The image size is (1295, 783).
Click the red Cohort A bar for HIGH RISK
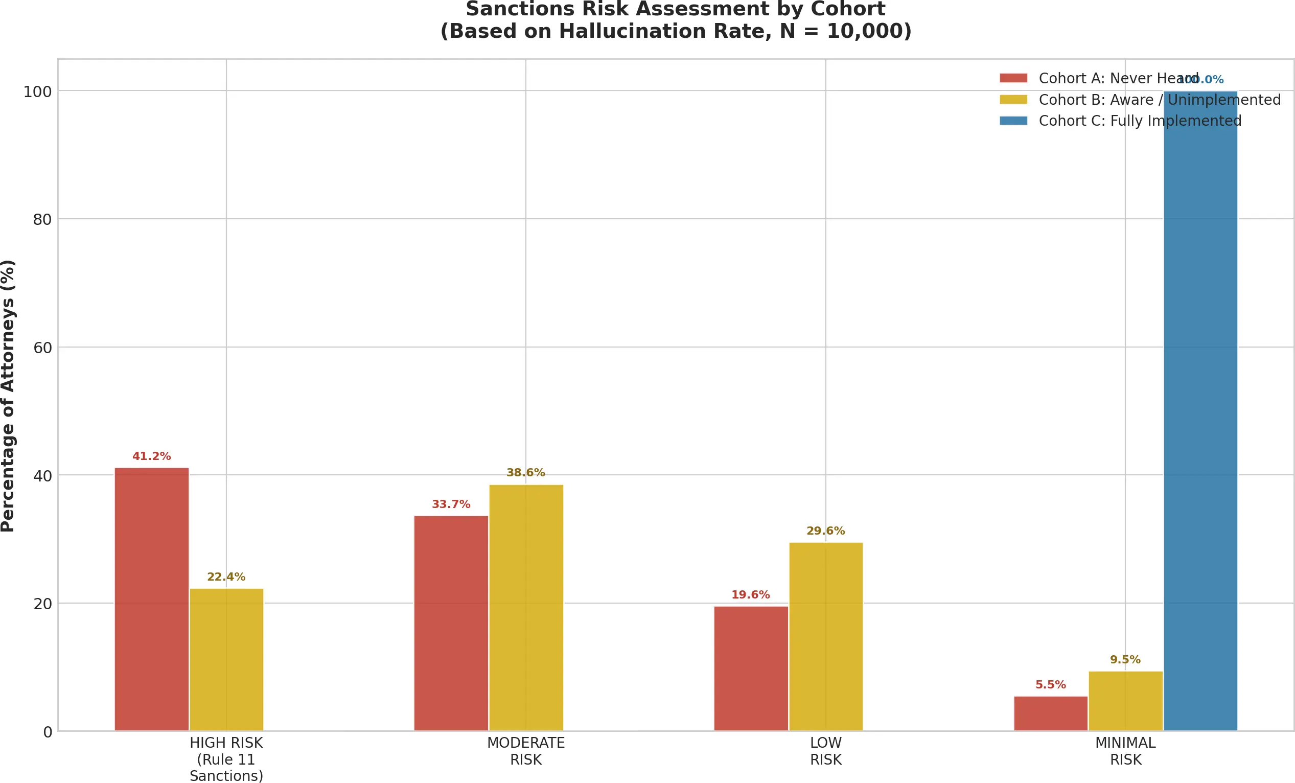(x=151, y=599)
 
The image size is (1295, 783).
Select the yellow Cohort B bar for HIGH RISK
(x=226, y=659)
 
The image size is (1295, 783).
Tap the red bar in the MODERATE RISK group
(x=451, y=623)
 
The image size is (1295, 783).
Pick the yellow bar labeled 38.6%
(x=526, y=608)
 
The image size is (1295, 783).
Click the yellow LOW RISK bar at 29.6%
(x=826, y=636)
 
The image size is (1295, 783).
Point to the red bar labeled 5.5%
(x=1051, y=713)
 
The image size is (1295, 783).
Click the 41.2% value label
(x=151, y=456)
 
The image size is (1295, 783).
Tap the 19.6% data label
(x=751, y=594)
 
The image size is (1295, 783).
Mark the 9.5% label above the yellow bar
(x=1125, y=659)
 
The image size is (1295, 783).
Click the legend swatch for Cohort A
(x=1013, y=78)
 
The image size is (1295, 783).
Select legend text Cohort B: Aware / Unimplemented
(x=1160, y=100)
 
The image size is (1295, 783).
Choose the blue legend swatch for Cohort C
(x=1013, y=121)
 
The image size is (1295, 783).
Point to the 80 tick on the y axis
(x=42, y=220)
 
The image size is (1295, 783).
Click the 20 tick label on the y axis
(x=42, y=604)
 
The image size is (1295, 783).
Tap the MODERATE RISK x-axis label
(x=525, y=751)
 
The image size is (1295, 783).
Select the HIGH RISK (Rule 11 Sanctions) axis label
(x=226, y=759)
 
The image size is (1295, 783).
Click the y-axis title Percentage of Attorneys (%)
(x=8, y=395)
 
